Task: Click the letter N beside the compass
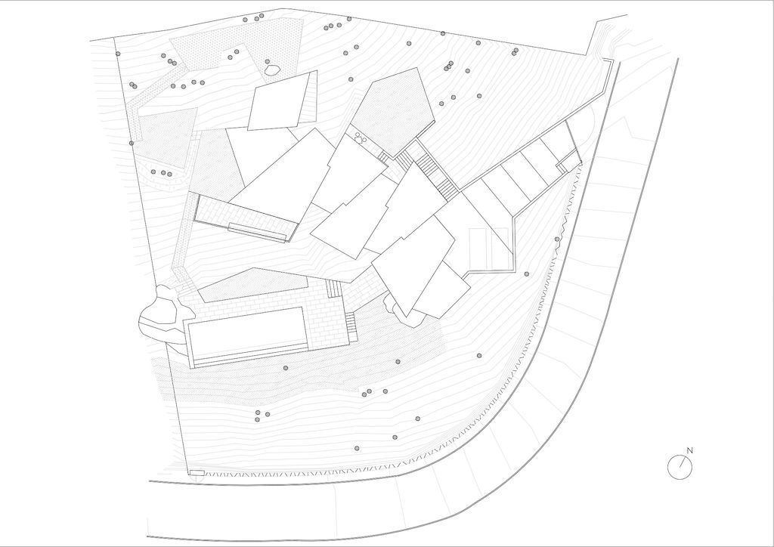[690, 450]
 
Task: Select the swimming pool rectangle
[247, 333]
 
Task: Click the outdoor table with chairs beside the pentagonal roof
[359, 138]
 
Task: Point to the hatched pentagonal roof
[393, 112]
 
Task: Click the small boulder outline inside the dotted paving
[272, 70]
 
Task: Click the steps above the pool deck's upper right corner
[333, 288]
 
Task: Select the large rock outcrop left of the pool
[160, 314]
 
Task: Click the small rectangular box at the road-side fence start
[197, 473]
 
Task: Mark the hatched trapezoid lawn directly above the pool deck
[252, 285]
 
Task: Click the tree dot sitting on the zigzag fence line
[557, 240]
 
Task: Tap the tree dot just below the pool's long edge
[285, 368]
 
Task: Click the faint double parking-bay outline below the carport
[488, 248]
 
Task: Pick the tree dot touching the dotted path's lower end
[132, 143]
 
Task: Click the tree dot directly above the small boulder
[267, 62]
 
